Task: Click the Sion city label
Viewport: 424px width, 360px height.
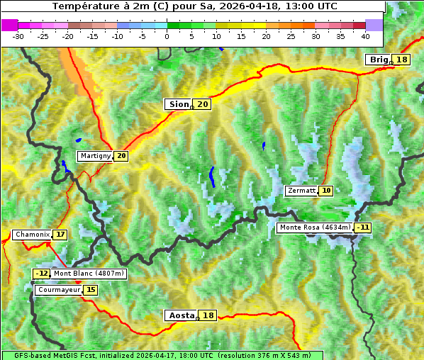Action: coord(178,104)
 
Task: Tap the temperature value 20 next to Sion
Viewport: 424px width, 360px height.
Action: coord(203,104)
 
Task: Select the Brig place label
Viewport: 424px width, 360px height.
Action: coord(378,60)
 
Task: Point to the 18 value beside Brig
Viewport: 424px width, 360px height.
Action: coord(402,60)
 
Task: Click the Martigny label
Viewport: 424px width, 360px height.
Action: coord(95,156)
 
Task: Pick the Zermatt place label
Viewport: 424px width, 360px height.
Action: coord(301,191)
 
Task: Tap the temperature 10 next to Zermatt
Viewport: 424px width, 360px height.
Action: coord(326,191)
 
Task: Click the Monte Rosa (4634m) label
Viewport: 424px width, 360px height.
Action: coord(315,227)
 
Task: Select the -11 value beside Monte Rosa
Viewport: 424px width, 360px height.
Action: coord(363,227)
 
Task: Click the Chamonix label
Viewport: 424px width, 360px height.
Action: coord(32,235)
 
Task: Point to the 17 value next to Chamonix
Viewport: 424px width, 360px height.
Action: coord(60,235)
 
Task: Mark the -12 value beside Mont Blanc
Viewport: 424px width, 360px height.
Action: coord(42,274)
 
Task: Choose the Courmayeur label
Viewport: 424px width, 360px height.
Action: coord(58,290)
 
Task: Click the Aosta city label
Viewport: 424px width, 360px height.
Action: coord(180,315)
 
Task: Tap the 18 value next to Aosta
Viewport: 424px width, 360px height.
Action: coord(208,315)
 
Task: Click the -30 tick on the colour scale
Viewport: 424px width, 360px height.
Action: coord(18,35)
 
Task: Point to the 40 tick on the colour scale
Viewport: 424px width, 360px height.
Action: coord(365,35)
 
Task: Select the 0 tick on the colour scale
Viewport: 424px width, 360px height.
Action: coord(167,35)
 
